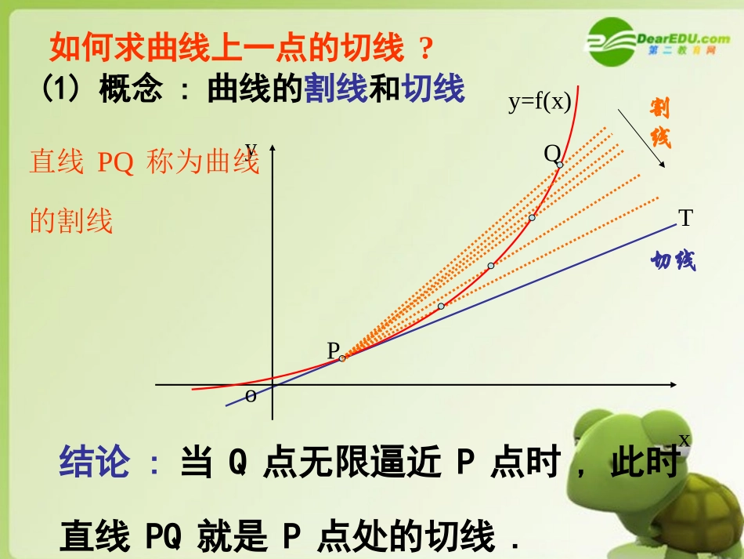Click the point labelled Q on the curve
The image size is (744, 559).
pos(559,164)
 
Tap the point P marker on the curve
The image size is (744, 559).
pos(342,358)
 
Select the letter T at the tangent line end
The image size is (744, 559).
pos(686,219)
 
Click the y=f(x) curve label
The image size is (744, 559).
pos(540,102)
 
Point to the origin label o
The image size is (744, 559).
pos(251,397)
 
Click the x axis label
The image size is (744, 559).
pos(684,439)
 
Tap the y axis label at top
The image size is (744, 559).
pos(251,148)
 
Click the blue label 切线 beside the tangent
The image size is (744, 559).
pos(674,261)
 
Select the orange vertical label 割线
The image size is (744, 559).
pos(659,124)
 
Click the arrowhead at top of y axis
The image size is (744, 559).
pos(273,149)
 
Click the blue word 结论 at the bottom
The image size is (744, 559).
pos(94,463)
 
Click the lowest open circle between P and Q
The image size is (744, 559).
pos(441,306)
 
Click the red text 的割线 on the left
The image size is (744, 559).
pos(71,220)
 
